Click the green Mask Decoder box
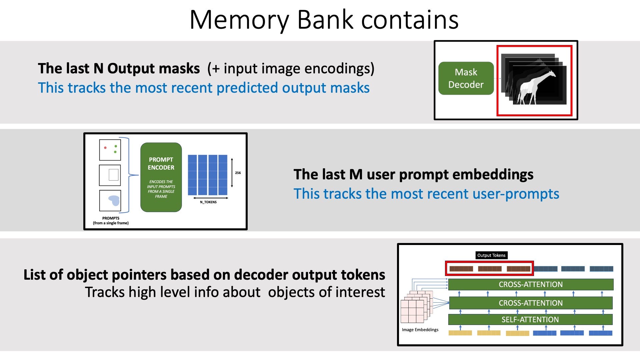466,78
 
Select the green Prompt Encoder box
161,177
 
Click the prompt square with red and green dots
110,150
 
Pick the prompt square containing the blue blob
110,200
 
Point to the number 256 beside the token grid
238,173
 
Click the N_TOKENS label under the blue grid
208,202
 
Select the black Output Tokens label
491,255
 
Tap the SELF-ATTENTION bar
530,319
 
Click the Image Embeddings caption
420,330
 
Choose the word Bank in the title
325,20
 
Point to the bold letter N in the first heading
98,68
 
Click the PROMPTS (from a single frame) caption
111,221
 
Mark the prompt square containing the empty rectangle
110,175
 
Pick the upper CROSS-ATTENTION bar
531,284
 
